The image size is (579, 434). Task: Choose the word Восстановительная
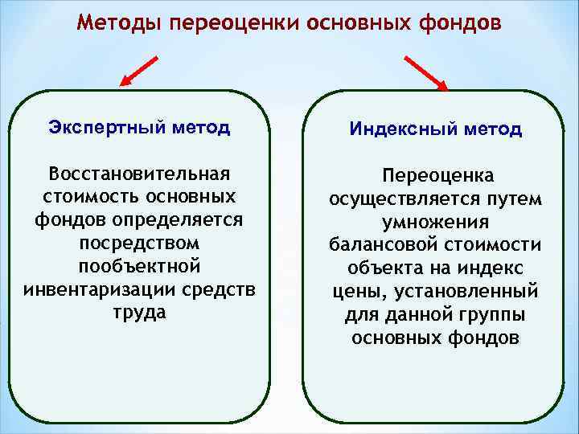[139, 174]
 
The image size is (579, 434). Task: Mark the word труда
[139, 313]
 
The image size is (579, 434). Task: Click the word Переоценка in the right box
[438, 175]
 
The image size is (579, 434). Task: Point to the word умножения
[436, 222]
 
